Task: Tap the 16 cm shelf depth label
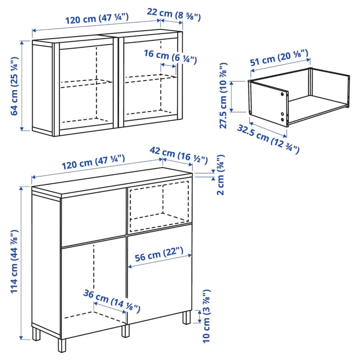(x=170, y=57)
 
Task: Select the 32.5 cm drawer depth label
(x=268, y=138)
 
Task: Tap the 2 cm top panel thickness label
(x=220, y=175)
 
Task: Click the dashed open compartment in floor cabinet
(x=158, y=207)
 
